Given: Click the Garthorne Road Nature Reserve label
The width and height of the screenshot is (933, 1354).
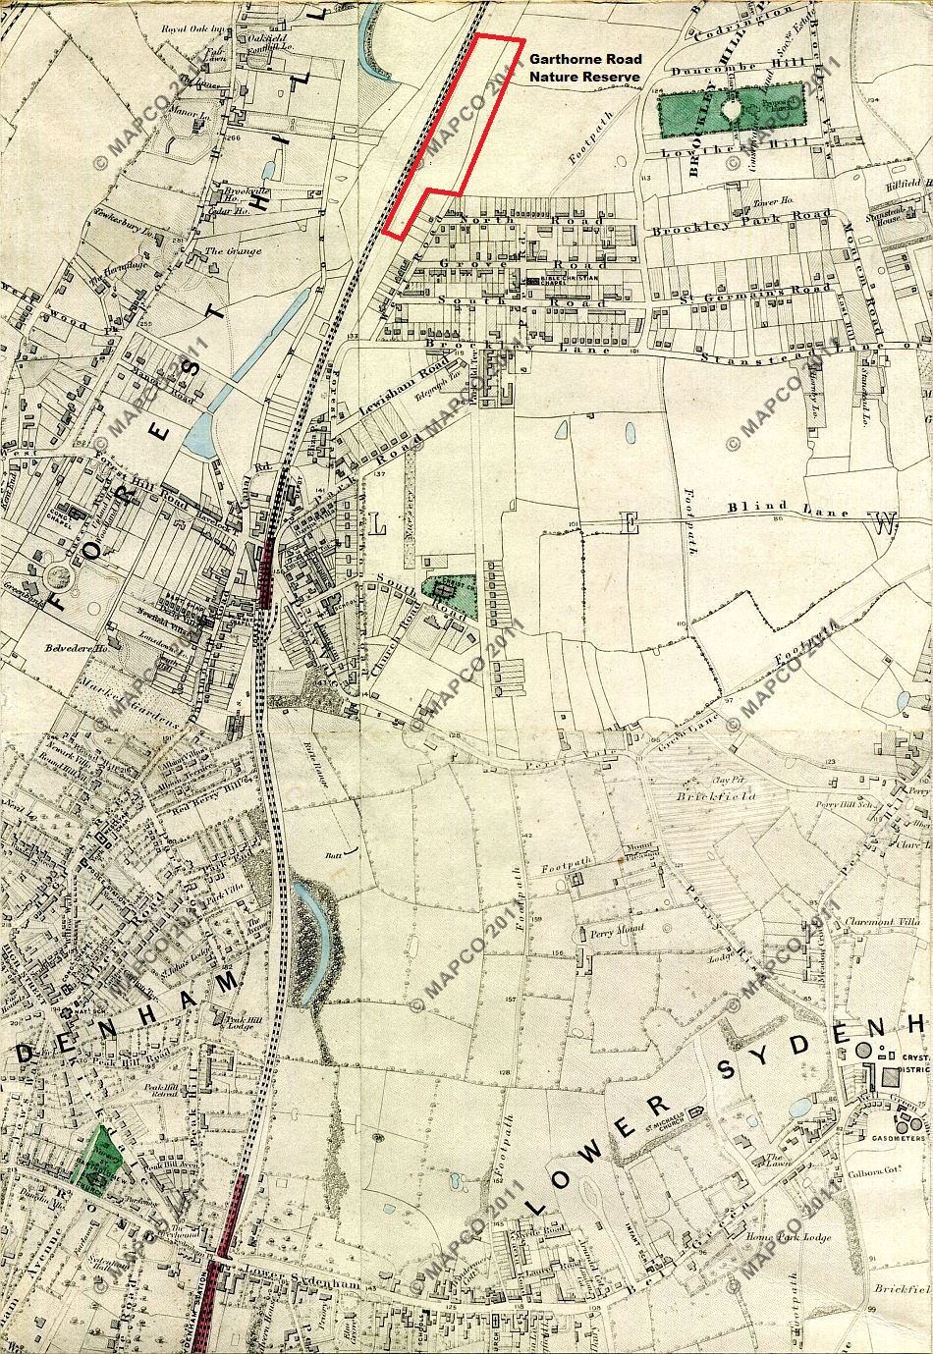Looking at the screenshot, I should tap(584, 68).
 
